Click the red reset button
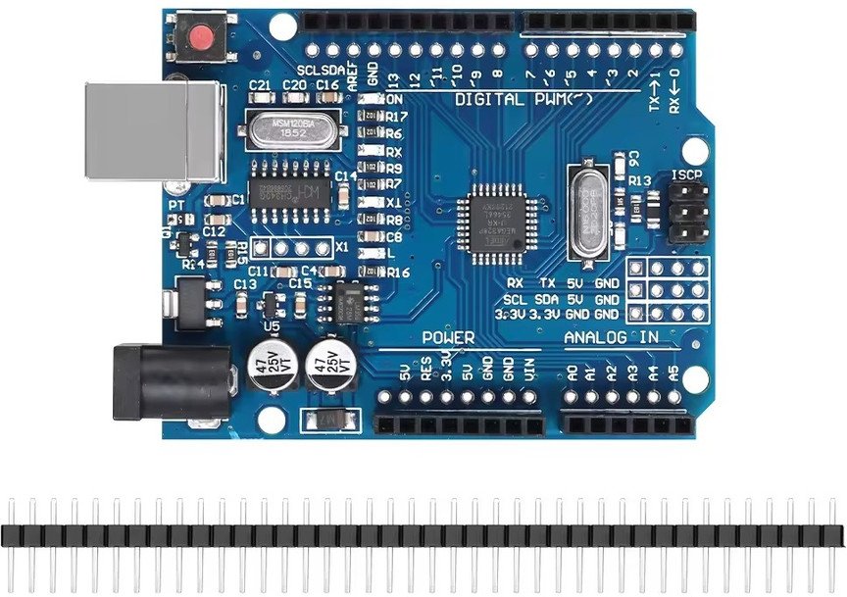click(x=202, y=38)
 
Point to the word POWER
click(x=448, y=338)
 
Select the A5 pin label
click(x=673, y=373)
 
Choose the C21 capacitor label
click(x=260, y=86)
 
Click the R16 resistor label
click(x=398, y=273)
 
